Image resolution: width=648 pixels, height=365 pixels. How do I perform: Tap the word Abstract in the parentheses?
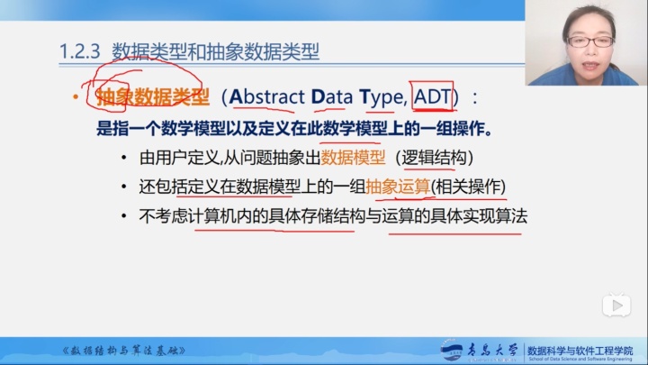268,96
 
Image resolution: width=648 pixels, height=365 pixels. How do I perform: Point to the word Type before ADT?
383,96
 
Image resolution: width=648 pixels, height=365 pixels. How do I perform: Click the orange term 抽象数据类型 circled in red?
152,96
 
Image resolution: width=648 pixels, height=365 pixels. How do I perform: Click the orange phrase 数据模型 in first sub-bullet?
353,158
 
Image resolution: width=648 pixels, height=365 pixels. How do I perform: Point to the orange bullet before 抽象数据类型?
76,96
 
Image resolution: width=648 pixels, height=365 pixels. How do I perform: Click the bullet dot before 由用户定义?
123,159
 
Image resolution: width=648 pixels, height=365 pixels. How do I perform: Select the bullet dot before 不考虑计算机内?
123,216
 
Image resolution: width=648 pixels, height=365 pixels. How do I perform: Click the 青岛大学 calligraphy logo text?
491,349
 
